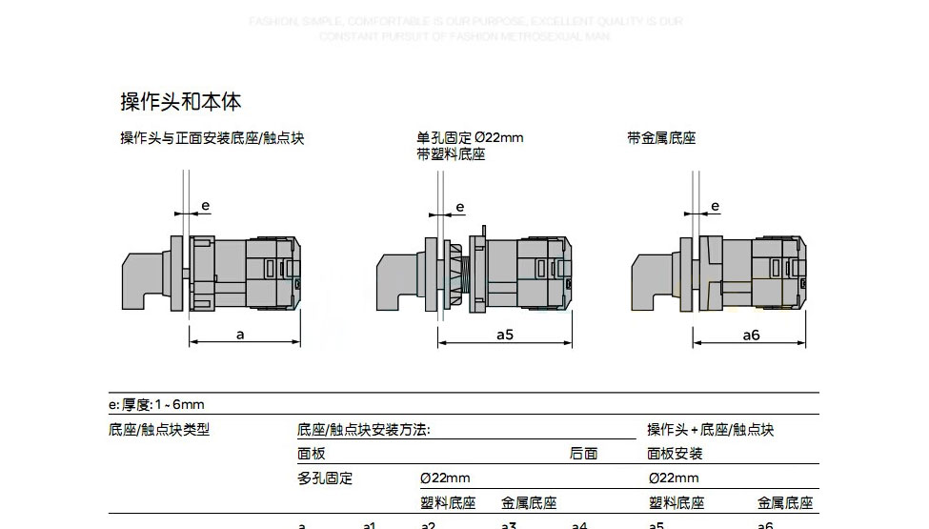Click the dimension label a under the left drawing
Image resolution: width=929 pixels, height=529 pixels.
(241, 335)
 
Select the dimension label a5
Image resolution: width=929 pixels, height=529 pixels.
(505, 335)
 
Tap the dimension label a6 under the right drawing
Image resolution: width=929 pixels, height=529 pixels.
(751, 335)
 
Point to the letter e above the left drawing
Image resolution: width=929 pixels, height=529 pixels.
(204, 206)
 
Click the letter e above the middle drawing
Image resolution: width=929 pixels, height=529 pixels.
(460, 207)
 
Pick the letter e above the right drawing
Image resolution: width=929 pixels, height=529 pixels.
(715, 206)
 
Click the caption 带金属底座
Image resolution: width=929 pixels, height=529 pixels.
(661, 138)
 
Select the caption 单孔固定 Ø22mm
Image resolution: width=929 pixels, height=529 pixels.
(470, 137)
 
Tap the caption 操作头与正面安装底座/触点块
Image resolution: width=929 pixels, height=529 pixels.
(212, 138)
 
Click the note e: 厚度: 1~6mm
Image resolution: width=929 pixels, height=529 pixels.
(157, 404)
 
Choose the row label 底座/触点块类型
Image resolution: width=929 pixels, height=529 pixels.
(159, 430)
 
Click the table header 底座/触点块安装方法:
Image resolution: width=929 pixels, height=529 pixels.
(363, 430)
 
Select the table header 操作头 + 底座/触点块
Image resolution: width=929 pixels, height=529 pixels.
(710, 430)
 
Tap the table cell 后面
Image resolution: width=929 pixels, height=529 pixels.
(583, 454)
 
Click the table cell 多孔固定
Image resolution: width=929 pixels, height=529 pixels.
(325, 478)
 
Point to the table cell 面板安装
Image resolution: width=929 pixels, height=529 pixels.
(675, 454)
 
